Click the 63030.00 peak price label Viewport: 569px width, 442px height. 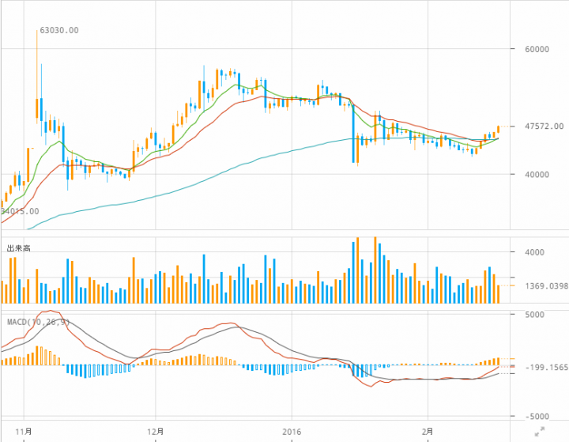click(59, 31)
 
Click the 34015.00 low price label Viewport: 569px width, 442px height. click(19, 212)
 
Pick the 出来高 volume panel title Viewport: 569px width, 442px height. click(19, 248)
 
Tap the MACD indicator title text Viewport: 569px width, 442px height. click(39, 322)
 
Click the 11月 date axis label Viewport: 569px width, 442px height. click(24, 432)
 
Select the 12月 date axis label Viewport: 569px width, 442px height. click(156, 432)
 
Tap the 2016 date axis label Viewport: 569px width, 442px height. click(292, 432)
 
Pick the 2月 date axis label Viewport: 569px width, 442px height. click(428, 432)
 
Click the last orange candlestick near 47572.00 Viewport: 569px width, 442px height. click(499, 129)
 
